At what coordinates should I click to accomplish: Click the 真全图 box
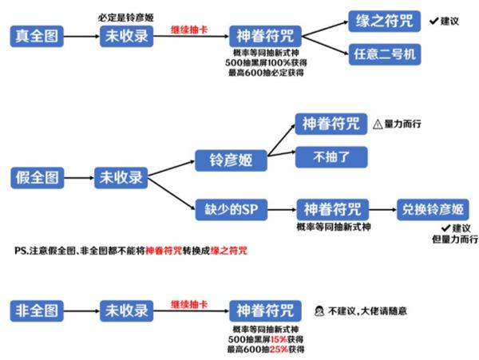pos(36,36)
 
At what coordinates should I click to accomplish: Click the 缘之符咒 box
pos(383,20)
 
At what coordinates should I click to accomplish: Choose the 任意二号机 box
pos(383,54)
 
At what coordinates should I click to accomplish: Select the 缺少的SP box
pos(231,210)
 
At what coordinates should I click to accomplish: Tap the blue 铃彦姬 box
pos(231,159)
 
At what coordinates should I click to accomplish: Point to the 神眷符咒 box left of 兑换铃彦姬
pos(331,210)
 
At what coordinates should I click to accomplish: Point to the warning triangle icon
pos(377,124)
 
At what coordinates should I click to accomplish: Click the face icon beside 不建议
pos(317,310)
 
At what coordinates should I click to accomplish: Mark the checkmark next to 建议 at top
pos(432,20)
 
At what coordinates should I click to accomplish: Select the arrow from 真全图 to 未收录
pos(80,36)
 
